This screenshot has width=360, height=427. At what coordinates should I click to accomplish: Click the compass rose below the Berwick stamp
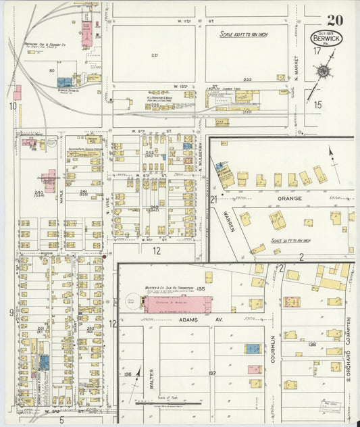324,71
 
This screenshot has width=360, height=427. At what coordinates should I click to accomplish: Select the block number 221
155,55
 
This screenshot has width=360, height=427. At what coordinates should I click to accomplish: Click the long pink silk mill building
177,303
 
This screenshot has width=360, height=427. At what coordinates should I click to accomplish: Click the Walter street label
153,378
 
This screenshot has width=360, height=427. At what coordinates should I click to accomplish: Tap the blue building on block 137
252,349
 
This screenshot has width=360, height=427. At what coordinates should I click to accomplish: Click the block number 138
311,345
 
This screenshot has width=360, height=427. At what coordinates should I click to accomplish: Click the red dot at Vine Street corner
105,256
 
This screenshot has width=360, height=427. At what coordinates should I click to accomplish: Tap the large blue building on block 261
43,362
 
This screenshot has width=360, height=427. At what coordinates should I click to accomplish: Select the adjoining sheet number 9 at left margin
11,312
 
